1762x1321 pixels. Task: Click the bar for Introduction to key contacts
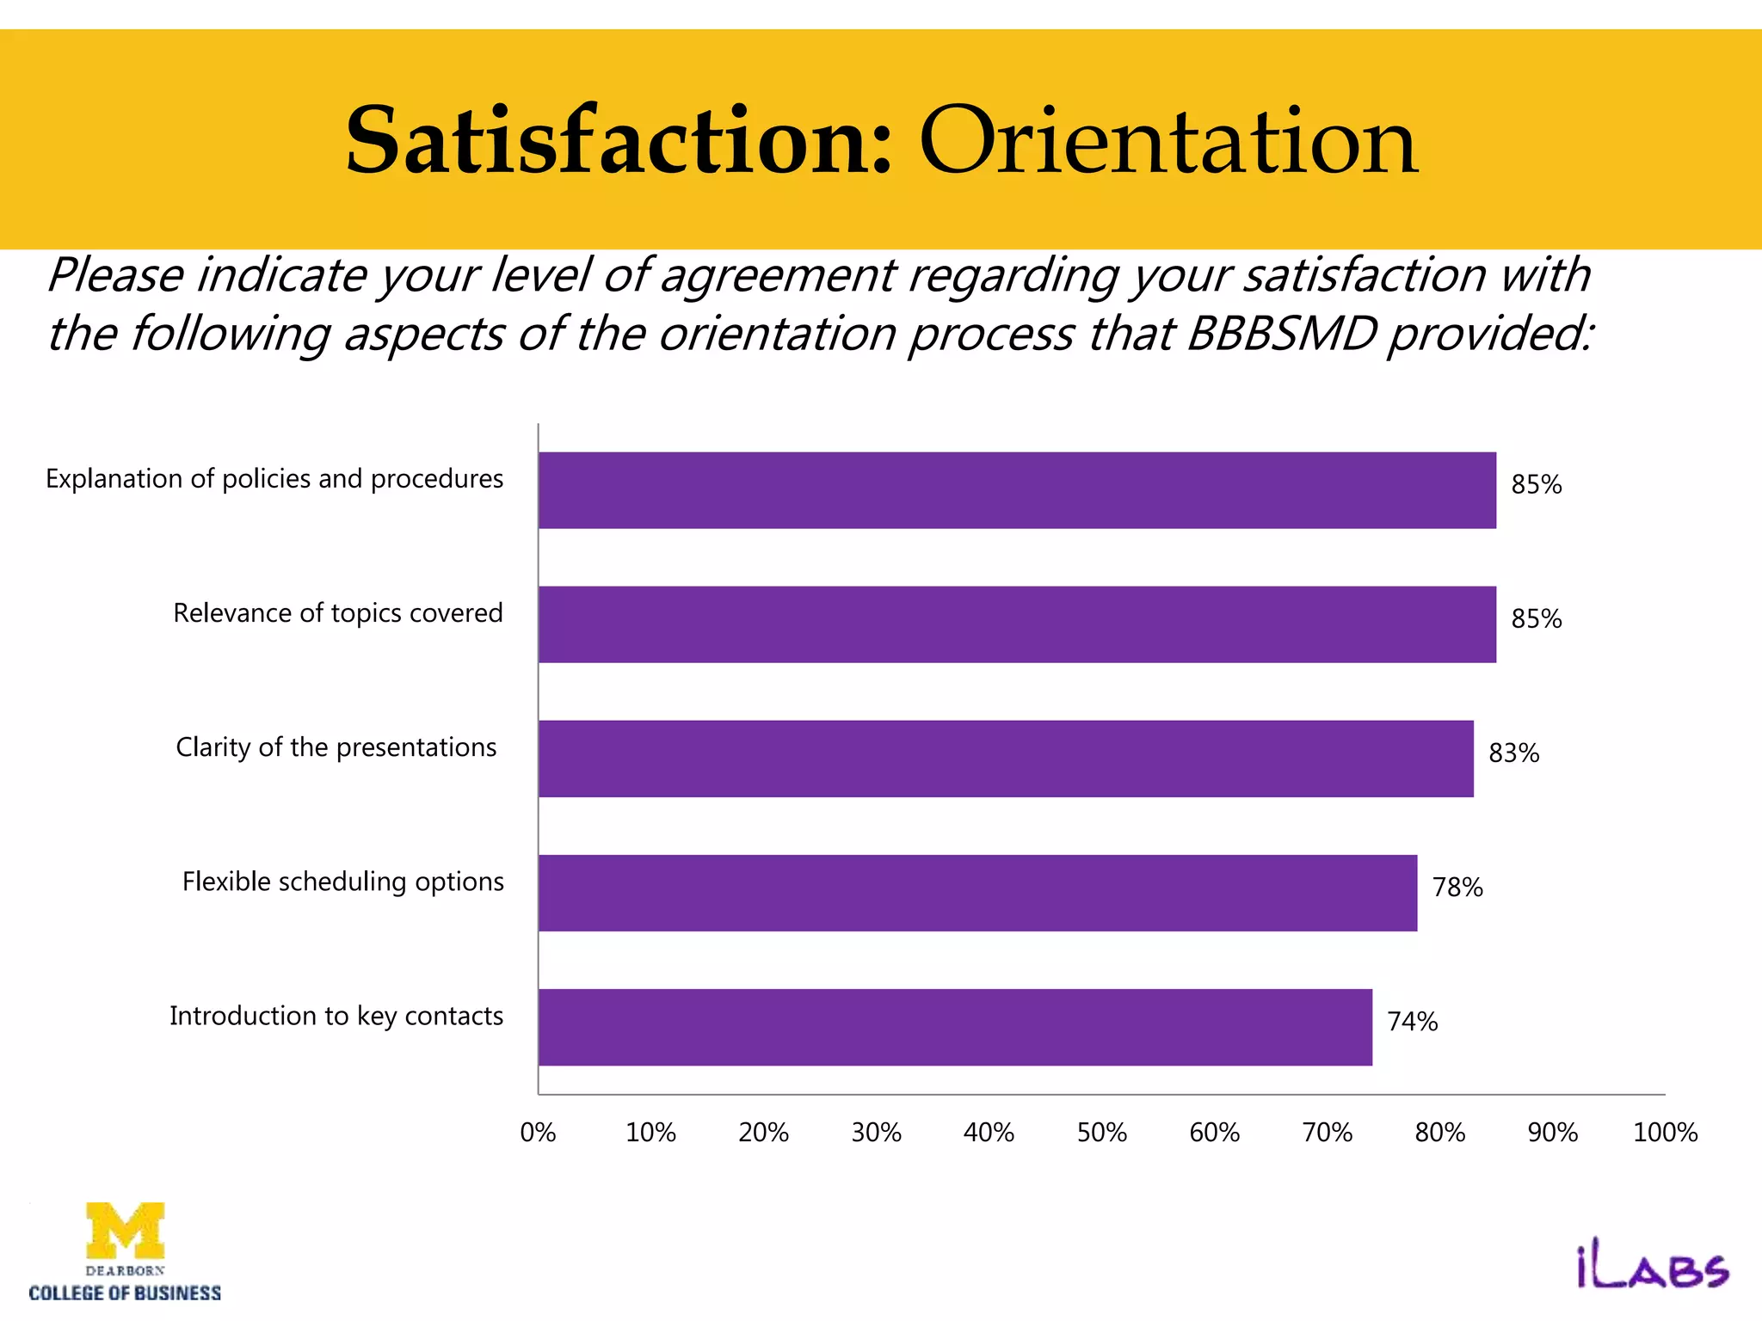955,1027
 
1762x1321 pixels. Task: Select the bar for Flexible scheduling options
977,893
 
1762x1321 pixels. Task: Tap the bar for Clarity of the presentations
1006,759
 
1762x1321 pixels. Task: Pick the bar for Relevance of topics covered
1017,624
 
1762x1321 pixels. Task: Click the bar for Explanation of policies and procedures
1017,490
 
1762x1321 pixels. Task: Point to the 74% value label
1412,1022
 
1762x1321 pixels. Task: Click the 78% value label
1457,888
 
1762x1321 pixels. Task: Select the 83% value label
1513,753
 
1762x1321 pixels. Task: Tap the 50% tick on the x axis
1102,1133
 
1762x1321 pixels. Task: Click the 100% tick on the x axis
1665,1133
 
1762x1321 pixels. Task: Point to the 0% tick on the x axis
539,1133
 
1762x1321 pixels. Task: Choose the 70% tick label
1328,1133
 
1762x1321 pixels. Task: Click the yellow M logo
126,1230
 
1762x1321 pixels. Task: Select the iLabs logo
1652,1269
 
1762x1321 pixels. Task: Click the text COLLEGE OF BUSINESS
125,1293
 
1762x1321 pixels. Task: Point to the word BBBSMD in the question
1281,334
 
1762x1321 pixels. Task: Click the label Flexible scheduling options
342,882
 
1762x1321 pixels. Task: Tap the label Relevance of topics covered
337,613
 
